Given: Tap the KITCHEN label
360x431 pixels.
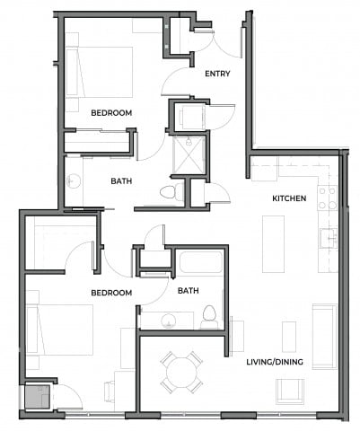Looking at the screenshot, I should (x=290, y=198).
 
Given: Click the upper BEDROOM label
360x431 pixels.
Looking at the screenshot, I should (x=112, y=113).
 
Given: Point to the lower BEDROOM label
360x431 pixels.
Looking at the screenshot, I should (x=112, y=293).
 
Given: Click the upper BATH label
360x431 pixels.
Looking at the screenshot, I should (x=123, y=180).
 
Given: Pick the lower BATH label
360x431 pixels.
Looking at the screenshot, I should (x=189, y=291).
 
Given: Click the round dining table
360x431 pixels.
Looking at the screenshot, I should (x=181, y=372).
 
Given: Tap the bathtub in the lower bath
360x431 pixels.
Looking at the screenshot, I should (x=199, y=265).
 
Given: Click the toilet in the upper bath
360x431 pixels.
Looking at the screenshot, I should (x=166, y=191).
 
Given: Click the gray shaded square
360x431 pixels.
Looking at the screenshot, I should (x=38, y=397).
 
